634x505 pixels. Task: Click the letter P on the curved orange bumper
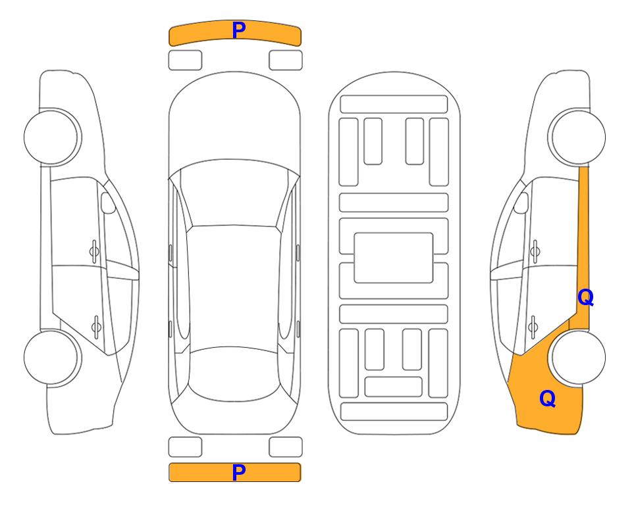238,30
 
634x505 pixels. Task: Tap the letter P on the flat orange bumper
238,472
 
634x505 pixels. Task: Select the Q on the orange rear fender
548,398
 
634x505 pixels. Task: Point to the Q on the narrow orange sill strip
585,298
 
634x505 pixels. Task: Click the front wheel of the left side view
51,137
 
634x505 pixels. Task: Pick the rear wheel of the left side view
51,357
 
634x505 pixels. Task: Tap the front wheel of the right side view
578,137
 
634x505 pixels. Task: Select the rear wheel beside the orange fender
578,357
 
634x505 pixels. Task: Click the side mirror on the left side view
107,203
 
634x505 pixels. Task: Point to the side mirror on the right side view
521,203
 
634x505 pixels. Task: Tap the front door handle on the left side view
94,251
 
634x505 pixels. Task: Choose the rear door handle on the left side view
96,326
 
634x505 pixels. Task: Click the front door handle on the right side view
535,251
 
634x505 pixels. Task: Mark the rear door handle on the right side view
533,326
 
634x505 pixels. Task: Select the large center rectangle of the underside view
394,258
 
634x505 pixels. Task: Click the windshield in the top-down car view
234,194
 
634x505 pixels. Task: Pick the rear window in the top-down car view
234,373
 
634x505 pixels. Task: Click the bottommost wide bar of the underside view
394,411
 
